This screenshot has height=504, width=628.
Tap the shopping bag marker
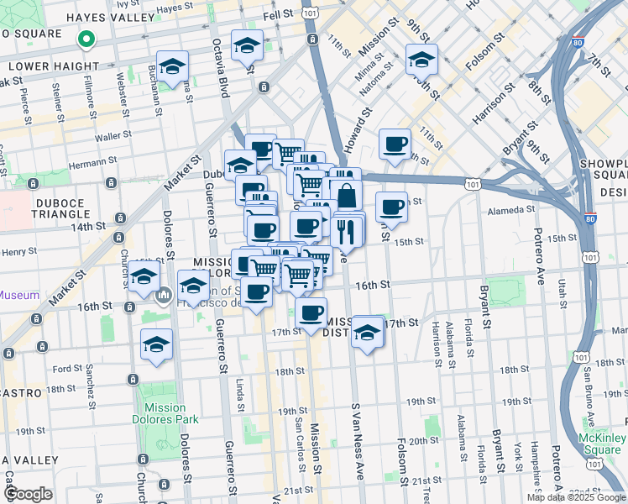click(345, 195)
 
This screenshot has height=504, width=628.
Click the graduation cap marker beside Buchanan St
click(172, 66)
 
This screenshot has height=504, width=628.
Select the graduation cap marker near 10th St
click(421, 59)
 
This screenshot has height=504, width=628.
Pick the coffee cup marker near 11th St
click(395, 143)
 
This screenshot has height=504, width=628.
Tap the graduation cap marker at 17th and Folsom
click(367, 332)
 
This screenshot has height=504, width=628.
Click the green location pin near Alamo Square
click(85, 39)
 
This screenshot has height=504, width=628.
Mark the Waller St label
click(109, 135)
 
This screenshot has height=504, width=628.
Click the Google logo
click(28, 494)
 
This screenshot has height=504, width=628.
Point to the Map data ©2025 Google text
click(576, 497)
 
